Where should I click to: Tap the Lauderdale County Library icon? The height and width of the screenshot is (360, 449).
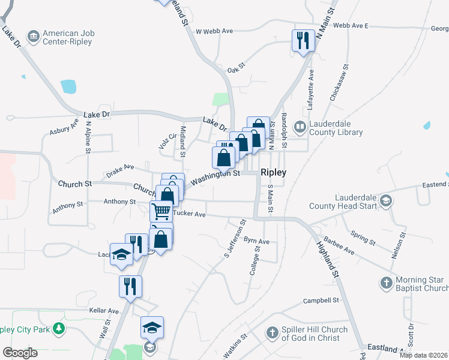[299, 127]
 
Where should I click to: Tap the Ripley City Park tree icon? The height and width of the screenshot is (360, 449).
[58, 328]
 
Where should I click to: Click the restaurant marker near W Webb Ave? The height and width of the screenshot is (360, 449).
[303, 40]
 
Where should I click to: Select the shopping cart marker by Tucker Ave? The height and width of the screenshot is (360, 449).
[161, 211]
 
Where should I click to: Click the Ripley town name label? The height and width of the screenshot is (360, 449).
[273, 172]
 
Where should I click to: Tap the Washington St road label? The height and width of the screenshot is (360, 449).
[215, 176]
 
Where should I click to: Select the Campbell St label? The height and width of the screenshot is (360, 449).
[321, 301]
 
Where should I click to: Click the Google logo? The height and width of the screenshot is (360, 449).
[20, 352]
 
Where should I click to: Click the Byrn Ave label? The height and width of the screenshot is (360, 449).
[257, 242]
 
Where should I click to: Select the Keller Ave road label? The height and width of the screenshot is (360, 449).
[105, 311]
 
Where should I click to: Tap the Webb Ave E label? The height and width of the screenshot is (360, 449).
[350, 26]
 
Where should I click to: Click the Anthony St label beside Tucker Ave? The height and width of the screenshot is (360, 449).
[119, 202]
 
